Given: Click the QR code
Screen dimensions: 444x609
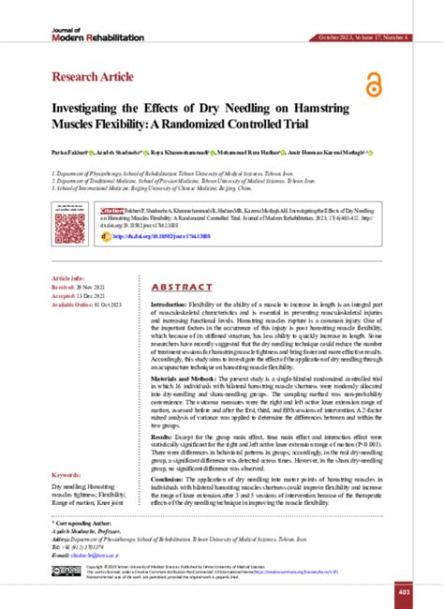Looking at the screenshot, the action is (71, 227).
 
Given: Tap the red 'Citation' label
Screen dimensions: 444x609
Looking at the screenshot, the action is (111, 212).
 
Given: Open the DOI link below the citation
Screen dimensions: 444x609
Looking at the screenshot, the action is (177, 238).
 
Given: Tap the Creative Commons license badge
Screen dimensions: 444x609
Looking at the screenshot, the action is (66, 571).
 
